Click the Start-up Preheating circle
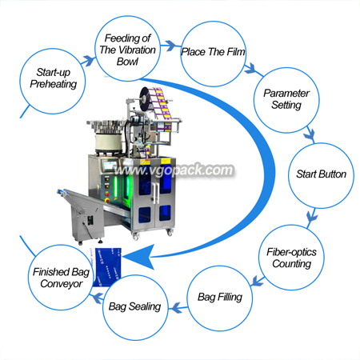[53, 81]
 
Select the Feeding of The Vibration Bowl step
[127, 48]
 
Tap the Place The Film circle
[213, 54]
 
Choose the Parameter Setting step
[286, 100]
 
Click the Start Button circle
[321, 175]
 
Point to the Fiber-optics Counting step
[291, 258]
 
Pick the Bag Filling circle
[220, 298]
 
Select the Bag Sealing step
[135, 307]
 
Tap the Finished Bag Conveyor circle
[61, 278]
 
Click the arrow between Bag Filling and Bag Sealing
[178, 308]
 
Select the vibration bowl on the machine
[106, 137]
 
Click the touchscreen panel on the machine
[110, 166]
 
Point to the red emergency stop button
[107, 200]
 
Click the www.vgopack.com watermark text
[174, 170]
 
